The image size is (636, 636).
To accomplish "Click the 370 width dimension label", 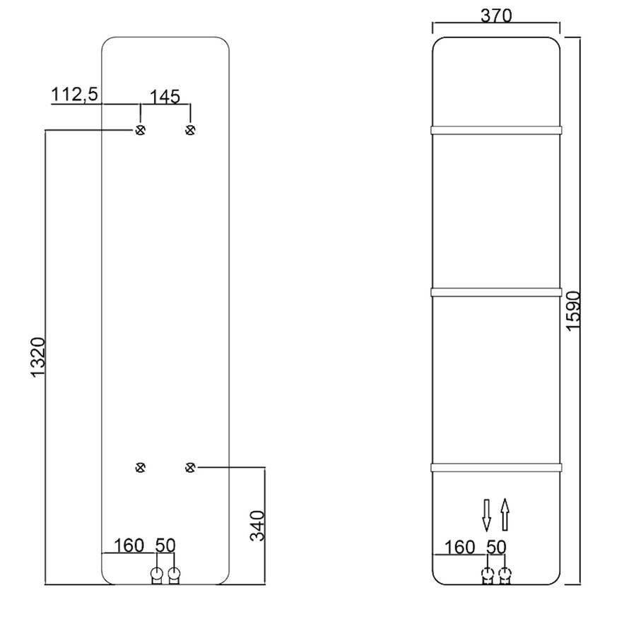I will (496, 15).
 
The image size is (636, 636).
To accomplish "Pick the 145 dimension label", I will (164, 95).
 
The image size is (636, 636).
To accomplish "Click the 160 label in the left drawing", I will (128, 545).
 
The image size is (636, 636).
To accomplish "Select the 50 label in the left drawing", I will (165, 545).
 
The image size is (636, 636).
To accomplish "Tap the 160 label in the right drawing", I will (460, 546).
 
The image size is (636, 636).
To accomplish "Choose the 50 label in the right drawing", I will (497, 546).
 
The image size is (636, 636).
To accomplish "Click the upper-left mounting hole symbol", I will (140, 129).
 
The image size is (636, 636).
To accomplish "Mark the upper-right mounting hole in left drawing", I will (189, 129).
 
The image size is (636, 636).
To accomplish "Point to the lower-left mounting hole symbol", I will (140, 466).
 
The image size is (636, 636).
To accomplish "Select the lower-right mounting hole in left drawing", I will (189, 466).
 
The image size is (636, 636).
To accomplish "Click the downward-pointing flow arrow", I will (486, 514).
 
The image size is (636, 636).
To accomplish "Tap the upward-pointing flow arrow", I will (505, 514).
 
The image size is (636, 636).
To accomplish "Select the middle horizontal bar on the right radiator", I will (496, 290).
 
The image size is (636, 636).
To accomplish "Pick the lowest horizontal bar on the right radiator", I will (496, 466).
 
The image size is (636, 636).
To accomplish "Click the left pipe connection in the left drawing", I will (157, 574).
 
